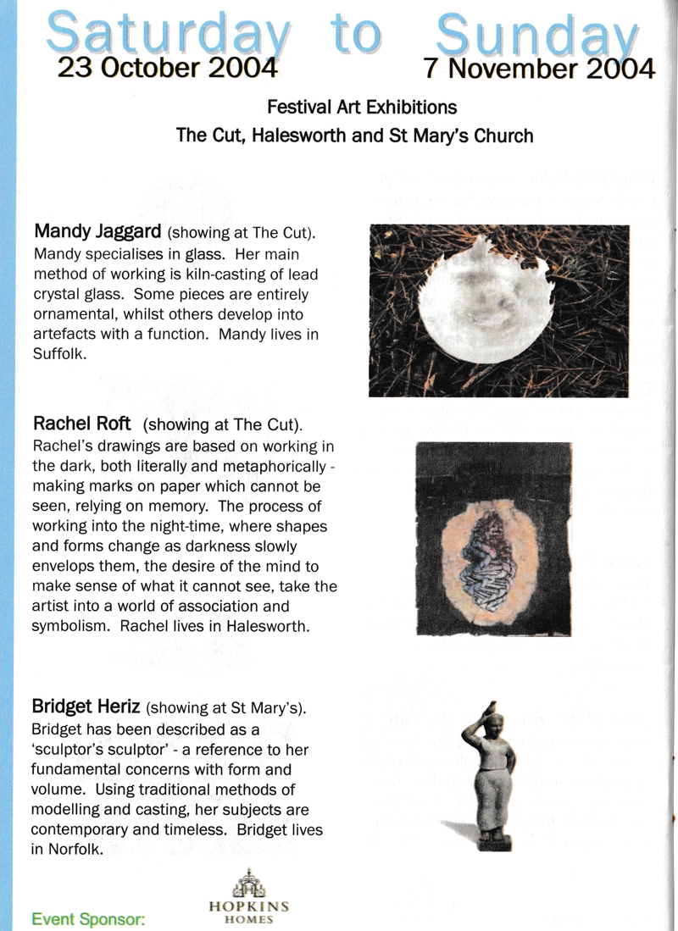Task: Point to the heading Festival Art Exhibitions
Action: (362, 108)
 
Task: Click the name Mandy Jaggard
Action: (98, 231)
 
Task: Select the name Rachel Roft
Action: (85, 422)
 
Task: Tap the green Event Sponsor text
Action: (89, 917)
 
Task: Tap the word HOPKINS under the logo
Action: (247, 906)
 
